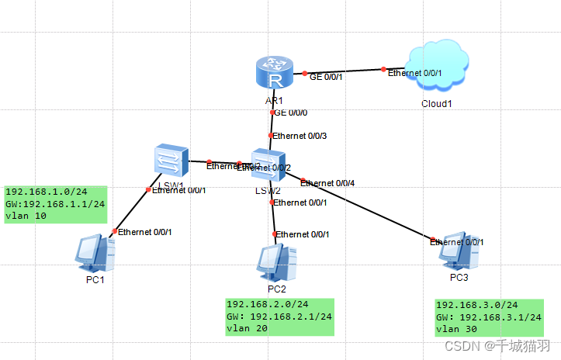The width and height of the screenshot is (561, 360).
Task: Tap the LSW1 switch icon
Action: (x=168, y=160)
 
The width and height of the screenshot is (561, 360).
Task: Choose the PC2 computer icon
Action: (x=277, y=263)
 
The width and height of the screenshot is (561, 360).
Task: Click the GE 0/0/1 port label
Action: (x=325, y=77)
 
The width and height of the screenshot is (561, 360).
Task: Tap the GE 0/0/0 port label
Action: (x=292, y=112)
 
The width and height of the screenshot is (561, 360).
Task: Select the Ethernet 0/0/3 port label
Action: (x=299, y=137)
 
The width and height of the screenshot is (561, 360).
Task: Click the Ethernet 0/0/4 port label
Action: (x=327, y=183)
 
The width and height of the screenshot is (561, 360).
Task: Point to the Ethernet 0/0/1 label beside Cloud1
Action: (x=414, y=73)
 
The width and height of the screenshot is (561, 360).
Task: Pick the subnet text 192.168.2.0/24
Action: (x=267, y=304)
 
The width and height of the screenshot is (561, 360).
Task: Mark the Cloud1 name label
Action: (x=436, y=104)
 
